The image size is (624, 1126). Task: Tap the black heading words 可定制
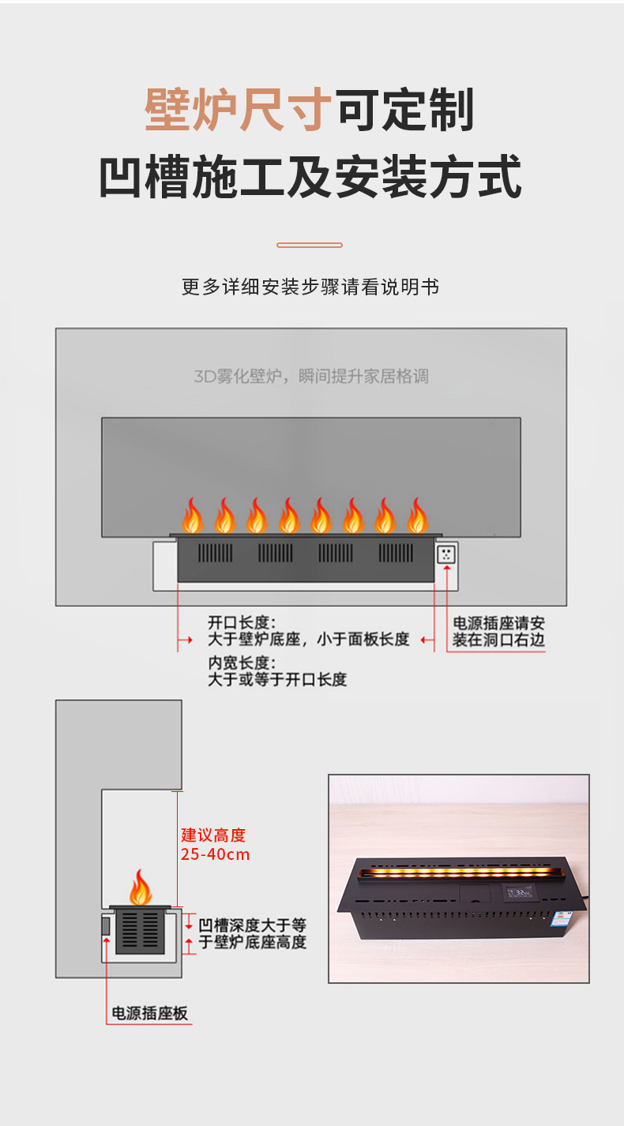tap(405, 110)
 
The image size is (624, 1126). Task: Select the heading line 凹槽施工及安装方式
tap(310, 177)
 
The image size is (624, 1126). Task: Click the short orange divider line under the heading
tap(310, 245)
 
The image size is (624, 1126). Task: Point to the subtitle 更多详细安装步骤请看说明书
tap(310, 287)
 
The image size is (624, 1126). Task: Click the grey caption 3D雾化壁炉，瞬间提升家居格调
tap(310, 376)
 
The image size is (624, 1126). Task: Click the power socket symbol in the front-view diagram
tap(447, 554)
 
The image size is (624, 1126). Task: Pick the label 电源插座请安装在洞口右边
tap(498, 632)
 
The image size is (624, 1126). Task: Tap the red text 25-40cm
tap(215, 854)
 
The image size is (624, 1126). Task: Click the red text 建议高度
tap(213, 835)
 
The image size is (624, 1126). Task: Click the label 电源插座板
tap(150, 1013)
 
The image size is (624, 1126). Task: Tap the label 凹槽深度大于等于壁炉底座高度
tap(252, 933)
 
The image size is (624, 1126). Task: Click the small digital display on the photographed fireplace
tap(521, 892)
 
